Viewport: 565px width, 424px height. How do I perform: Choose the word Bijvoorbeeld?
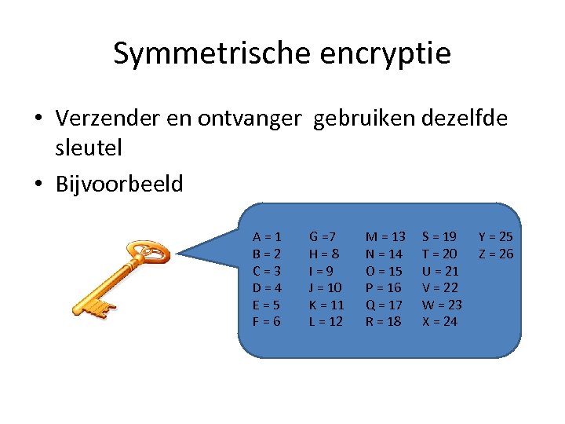119,185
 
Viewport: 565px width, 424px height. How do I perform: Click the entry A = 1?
267,236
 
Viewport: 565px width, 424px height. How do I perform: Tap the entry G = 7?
323,236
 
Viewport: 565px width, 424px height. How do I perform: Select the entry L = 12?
326,322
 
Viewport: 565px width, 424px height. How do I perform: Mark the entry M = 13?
385,236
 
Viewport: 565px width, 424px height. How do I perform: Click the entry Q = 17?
384,305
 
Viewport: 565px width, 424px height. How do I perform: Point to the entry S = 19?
439,236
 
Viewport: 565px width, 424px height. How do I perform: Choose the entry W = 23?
442,305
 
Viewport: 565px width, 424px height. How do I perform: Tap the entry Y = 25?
495,236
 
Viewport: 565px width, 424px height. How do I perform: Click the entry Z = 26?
495,254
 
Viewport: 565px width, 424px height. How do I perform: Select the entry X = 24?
439,322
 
